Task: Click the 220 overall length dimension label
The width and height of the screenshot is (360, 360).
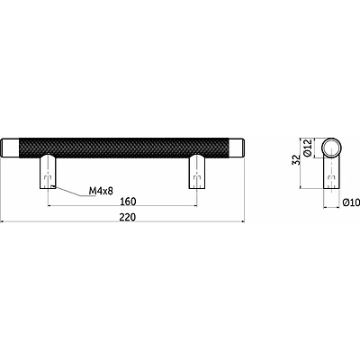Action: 128,217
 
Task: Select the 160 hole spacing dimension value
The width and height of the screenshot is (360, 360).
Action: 128,202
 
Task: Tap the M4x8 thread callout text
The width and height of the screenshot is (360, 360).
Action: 101,191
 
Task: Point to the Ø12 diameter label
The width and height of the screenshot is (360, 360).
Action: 308,148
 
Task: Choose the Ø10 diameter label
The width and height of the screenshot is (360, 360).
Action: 351,202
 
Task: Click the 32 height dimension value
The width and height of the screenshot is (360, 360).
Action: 296,159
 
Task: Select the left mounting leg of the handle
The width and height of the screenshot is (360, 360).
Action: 48,172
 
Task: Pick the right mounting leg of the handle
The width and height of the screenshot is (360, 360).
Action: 197,172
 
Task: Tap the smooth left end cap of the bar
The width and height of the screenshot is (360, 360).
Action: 11,148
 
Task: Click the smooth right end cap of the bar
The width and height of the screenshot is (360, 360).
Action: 236,148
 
